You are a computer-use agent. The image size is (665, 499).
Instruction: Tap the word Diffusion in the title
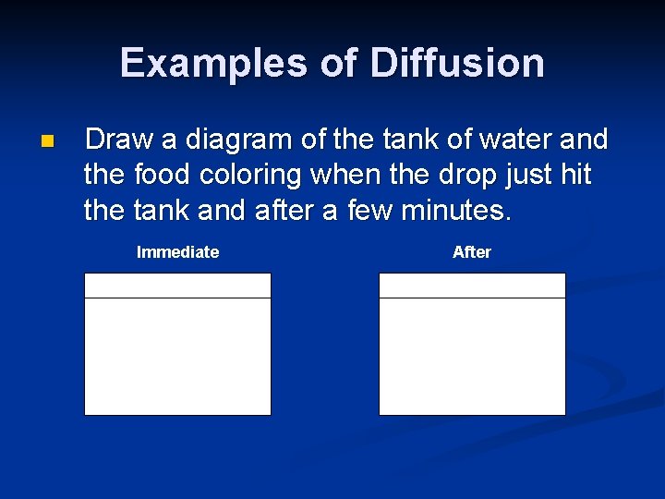(x=457, y=64)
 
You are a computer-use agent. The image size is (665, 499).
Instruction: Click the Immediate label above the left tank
(x=177, y=252)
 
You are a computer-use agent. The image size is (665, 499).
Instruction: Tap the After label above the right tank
(x=472, y=252)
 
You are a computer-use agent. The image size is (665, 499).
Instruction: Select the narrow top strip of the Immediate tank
(x=177, y=286)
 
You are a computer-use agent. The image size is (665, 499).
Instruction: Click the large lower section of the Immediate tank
(x=177, y=357)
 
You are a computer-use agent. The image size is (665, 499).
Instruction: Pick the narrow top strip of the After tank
(x=472, y=286)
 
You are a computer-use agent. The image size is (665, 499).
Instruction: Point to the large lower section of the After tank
(x=472, y=357)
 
